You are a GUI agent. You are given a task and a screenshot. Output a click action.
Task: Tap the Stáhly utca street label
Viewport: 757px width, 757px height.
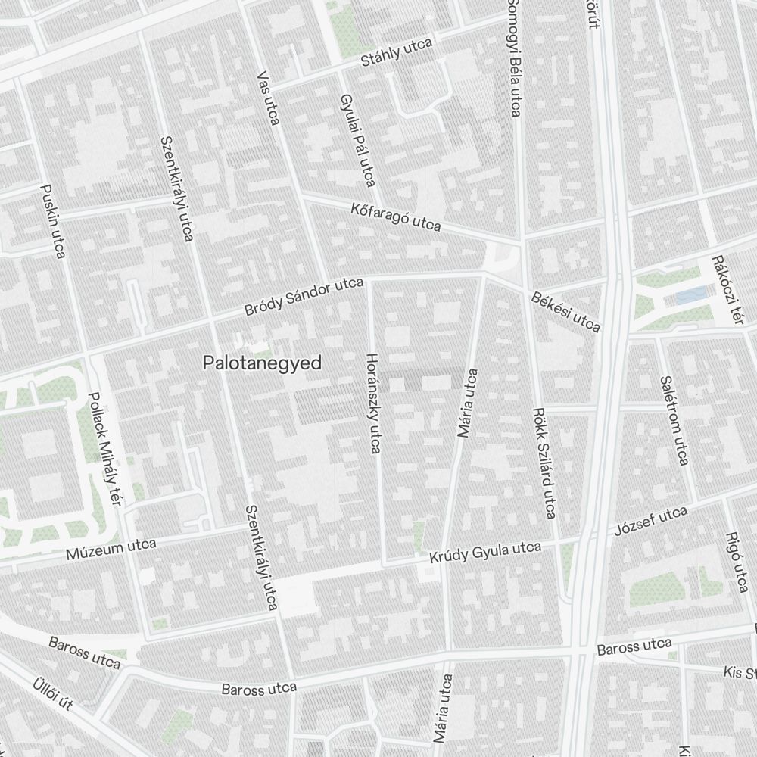tap(396, 53)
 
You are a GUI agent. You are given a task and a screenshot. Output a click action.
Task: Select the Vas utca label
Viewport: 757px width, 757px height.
tap(269, 98)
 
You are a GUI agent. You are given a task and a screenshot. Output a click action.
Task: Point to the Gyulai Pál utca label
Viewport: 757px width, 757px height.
tap(358, 141)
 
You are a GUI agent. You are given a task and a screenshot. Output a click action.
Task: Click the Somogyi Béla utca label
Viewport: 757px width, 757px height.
tap(514, 58)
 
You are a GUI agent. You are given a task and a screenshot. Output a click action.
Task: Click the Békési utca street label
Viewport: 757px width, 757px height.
tap(565, 312)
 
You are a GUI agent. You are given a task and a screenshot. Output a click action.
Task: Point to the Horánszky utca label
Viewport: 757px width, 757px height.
tap(372, 403)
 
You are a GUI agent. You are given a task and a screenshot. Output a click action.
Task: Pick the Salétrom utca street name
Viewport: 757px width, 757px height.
tap(673, 420)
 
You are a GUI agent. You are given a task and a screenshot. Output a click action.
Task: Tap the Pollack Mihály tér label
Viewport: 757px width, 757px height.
tap(104, 447)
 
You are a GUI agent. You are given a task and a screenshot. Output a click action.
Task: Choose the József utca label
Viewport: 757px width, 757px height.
tap(651, 520)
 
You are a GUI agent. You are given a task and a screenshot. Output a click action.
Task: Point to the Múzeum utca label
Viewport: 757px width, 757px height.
tap(111, 549)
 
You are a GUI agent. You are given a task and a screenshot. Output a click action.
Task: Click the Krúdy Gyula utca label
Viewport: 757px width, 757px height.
tap(484, 553)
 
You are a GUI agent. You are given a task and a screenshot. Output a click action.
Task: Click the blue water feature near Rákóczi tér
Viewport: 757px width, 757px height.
tap(690, 296)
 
